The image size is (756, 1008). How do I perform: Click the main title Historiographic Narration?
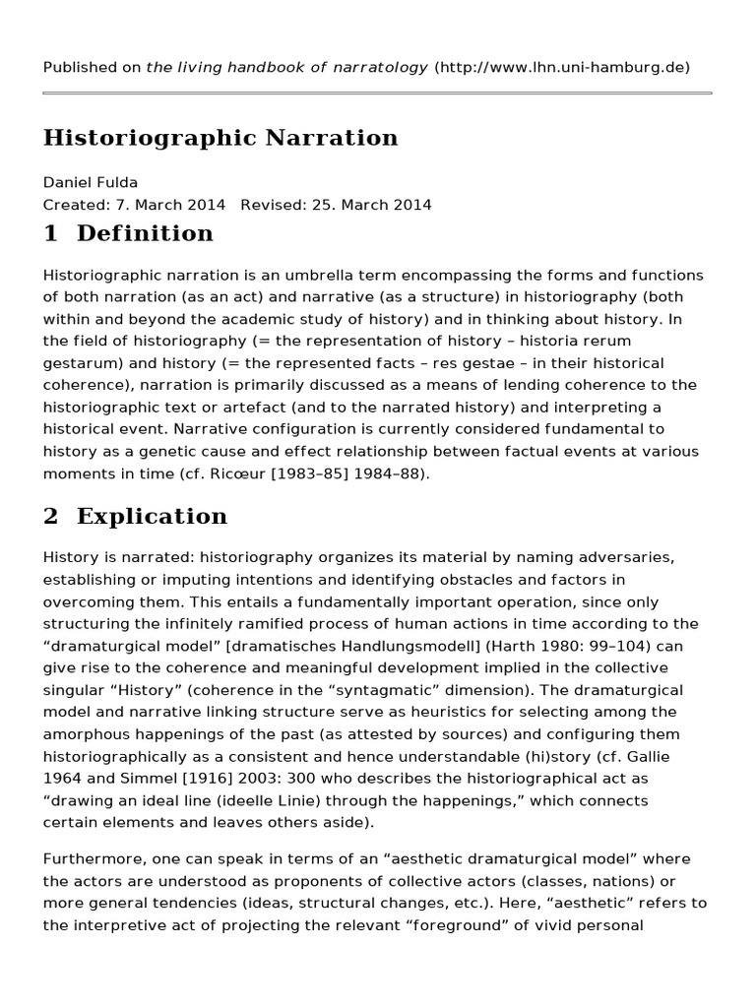pyautogui.click(x=220, y=138)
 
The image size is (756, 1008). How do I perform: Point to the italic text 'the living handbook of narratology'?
pyautogui.click(x=286, y=67)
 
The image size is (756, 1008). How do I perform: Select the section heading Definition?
pyautogui.click(x=145, y=233)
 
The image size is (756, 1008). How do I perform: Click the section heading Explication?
pyautogui.click(x=152, y=516)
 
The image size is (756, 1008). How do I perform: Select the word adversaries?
pyautogui.click(x=627, y=557)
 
